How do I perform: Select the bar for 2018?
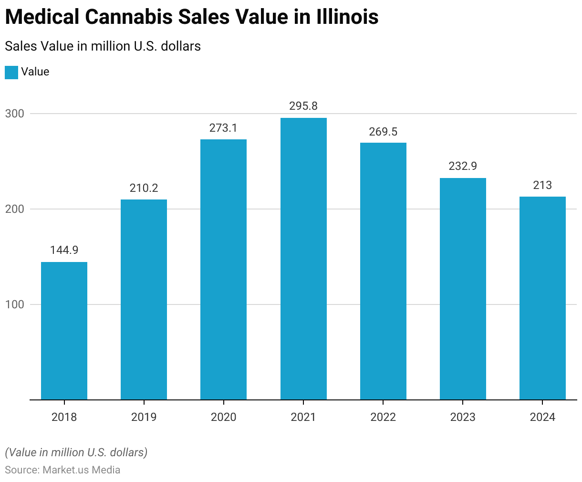(64, 330)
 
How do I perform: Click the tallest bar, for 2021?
(303, 258)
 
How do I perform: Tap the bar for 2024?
(542, 298)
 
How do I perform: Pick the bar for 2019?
(144, 299)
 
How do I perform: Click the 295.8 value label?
(303, 106)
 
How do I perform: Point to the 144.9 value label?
(64, 250)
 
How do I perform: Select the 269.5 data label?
(383, 132)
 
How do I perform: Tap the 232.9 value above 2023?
(463, 166)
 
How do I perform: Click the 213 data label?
(542, 185)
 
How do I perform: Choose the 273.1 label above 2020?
(223, 128)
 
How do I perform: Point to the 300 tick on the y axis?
(14, 114)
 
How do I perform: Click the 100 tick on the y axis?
(14, 304)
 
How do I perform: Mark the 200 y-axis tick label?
(14, 209)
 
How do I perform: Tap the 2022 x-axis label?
(383, 417)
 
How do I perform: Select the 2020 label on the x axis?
(223, 417)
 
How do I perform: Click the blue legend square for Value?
(11, 72)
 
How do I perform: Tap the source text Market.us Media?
(81, 470)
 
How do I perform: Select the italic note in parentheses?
(76, 452)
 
